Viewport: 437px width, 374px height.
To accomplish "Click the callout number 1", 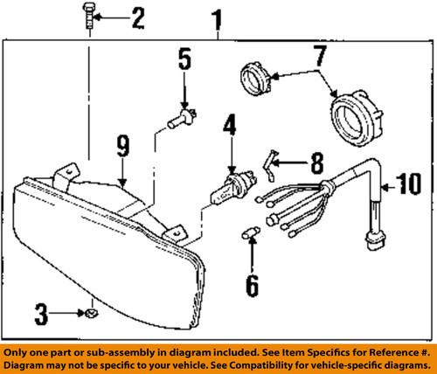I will click(x=216, y=17).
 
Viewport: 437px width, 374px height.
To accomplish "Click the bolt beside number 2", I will click(x=90, y=17).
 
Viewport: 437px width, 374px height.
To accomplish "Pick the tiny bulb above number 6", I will click(x=250, y=234).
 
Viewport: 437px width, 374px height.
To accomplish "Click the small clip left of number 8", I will click(x=273, y=160).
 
